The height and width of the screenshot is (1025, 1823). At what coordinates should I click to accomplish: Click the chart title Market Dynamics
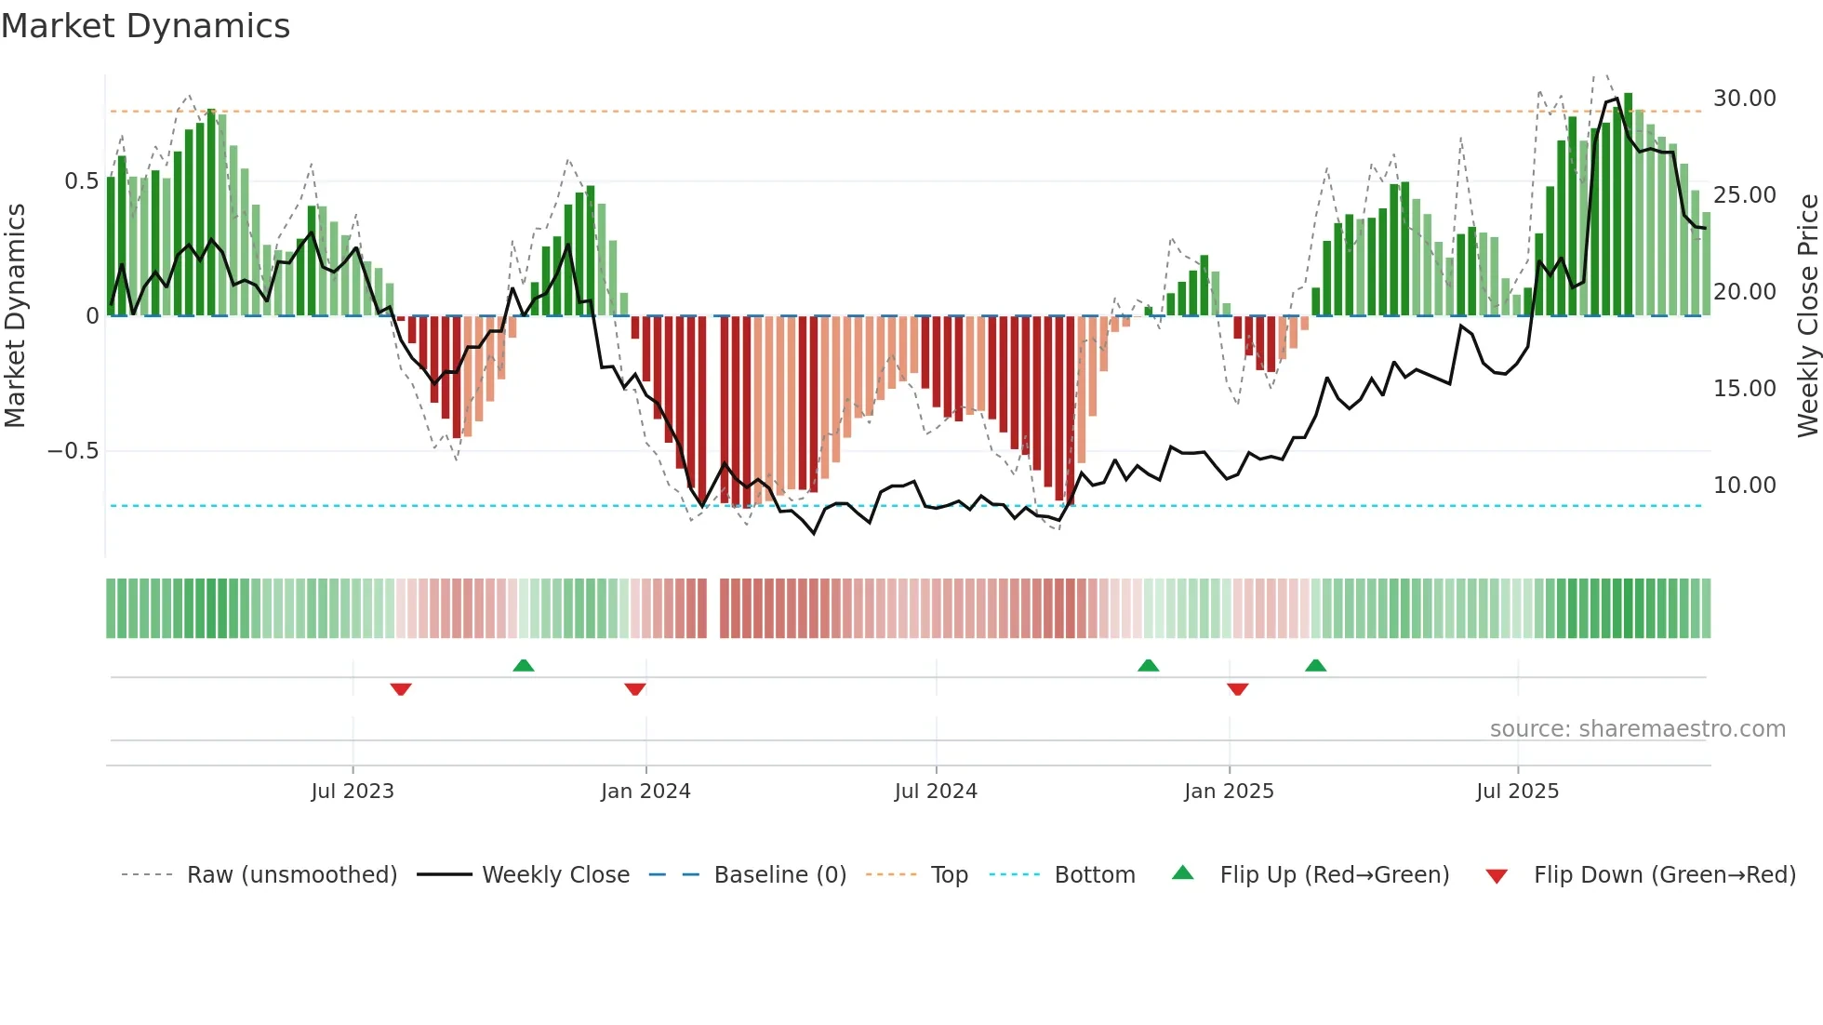pyautogui.click(x=146, y=26)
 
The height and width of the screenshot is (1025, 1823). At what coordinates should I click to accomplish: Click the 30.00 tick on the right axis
pyautogui.click(x=1744, y=99)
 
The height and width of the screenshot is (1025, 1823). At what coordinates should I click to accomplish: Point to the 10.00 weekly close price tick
pyautogui.click(x=1744, y=486)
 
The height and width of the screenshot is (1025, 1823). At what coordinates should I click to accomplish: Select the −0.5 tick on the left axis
pyautogui.click(x=73, y=451)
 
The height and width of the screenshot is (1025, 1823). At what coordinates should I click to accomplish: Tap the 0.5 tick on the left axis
pyautogui.click(x=81, y=181)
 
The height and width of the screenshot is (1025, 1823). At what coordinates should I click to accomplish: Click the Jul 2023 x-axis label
pyautogui.click(x=353, y=792)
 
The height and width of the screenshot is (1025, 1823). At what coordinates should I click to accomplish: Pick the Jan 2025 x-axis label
pyautogui.click(x=1229, y=792)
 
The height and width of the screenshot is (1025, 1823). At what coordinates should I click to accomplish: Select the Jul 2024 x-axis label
pyautogui.click(x=936, y=792)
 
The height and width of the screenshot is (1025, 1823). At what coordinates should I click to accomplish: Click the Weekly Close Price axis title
pyautogui.click(x=1807, y=315)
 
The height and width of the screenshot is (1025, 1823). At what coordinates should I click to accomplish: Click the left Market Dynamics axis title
pyautogui.click(x=15, y=315)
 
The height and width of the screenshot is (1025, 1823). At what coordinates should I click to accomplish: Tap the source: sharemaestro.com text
pyautogui.click(x=1637, y=729)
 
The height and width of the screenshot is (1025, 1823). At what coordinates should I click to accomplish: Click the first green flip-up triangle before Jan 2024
pyautogui.click(x=524, y=665)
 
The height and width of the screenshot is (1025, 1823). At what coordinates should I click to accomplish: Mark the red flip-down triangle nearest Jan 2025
pyautogui.click(x=1237, y=689)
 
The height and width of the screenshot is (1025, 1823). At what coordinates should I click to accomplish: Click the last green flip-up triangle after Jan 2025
pyautogui.click(x=1315, y=665)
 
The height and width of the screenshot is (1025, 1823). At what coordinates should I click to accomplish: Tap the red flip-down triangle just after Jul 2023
pyautogui.click(x=401, y=689)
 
